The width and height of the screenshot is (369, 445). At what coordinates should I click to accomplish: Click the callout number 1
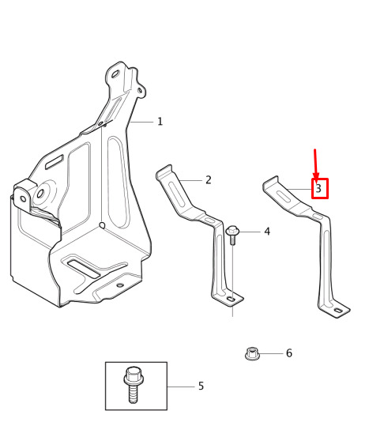click(160, 122)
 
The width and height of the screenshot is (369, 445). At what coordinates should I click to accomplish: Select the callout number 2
click(209, 180)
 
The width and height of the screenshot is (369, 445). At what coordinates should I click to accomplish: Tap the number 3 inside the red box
click(318, 188)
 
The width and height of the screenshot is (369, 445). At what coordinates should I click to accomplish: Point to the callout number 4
click(267, 232)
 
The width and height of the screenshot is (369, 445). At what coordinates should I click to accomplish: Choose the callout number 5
click(201, 386)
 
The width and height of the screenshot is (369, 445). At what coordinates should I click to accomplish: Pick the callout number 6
click(289, 353)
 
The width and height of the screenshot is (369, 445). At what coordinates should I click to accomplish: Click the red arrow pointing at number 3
click(316, 164)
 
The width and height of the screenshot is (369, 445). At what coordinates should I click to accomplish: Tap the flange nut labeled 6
click(251, 353)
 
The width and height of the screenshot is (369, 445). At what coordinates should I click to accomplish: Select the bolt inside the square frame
click(134, 385)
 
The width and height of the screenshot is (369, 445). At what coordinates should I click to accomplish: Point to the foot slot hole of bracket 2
click(232, 299)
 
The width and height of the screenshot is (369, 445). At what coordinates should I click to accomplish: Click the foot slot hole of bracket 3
click(338, 311)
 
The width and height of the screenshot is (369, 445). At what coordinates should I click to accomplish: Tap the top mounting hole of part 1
click(115, 74)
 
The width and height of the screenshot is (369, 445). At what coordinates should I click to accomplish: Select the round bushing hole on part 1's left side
click(40, 194)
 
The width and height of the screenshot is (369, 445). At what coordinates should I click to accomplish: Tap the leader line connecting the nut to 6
click(271, 353)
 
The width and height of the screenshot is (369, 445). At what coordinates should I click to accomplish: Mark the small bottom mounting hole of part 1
click(120, 285)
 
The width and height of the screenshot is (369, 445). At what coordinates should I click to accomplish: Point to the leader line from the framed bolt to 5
click(181, 387)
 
